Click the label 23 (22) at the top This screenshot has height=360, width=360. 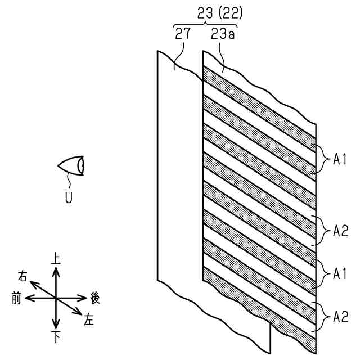(220, 13)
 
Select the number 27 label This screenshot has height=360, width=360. (182, 33)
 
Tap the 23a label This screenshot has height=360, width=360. (223, 34)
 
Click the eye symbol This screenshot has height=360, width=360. (71, 165)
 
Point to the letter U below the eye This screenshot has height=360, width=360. (69, 197)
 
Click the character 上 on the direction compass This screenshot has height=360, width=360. (55, 258)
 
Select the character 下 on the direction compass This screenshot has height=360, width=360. (56, 337)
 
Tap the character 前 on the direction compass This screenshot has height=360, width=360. (16, 299)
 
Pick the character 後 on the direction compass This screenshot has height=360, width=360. (95, 298)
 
